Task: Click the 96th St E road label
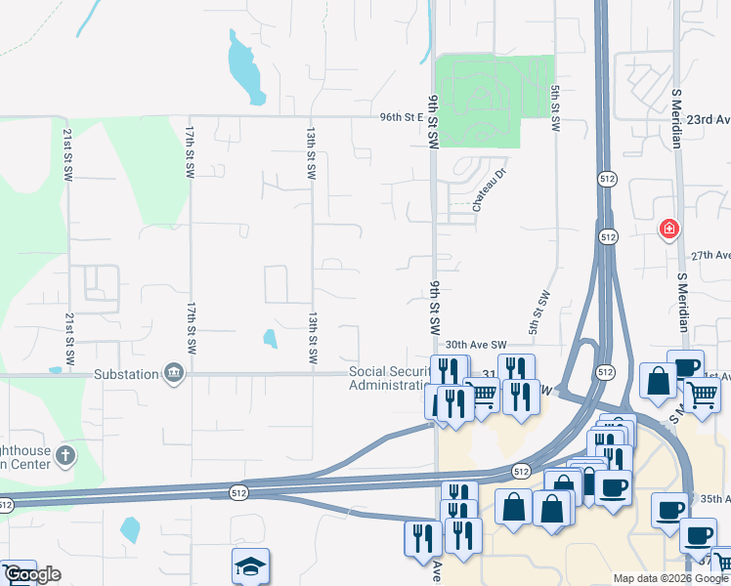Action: tap(402, 117)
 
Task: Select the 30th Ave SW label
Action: tap(476, 345)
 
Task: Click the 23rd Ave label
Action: tap(709, 119)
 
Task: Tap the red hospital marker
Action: tap(668, 230)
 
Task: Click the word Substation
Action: tap(126, 373)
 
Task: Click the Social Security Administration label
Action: tap(390, 378)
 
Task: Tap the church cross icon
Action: tap(64, 455)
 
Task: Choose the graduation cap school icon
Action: tap(250, 566)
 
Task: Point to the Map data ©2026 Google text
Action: tap(670, 578)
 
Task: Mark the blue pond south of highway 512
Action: tap(130, 528)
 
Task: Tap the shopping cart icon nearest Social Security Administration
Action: tap(483, 396)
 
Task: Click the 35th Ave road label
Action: tap(713, 498)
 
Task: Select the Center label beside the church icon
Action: tap(25, 465)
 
